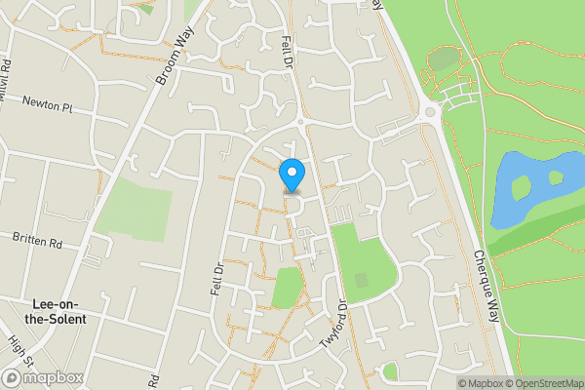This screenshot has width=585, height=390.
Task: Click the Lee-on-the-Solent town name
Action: pyautogui.click(x=58, y=311)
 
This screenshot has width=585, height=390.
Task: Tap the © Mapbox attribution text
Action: pyautogui.click(x=479, y=382)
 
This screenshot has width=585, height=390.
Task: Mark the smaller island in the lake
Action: pyautogui.click(x=556, y=177)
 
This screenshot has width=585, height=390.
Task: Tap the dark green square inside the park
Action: pyautogui.click(x=362, y=281)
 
